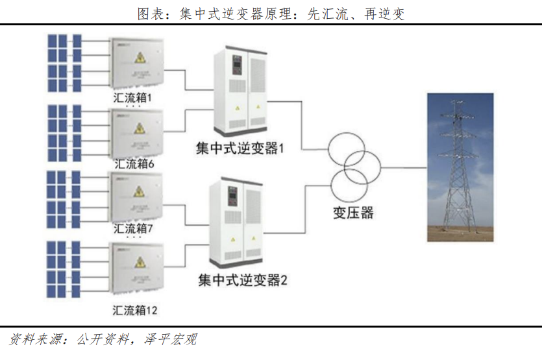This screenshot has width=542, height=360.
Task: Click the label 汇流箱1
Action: click(x=132, y=97)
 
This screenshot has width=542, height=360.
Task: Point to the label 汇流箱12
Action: click(x=135, y=309)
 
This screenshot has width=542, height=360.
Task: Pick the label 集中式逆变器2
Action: click(x=242, y=280)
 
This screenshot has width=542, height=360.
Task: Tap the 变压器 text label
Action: click(x=354, y=212)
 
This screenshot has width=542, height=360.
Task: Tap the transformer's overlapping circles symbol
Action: click(x=354, y=166)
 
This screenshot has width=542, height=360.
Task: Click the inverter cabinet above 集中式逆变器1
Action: click(x=240, y=88)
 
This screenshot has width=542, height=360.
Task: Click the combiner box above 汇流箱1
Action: click(x=136, y=62)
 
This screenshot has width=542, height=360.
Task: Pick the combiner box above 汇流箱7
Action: click(x=136, y=196)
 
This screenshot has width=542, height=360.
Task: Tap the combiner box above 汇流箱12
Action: click(x=136, y=266)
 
